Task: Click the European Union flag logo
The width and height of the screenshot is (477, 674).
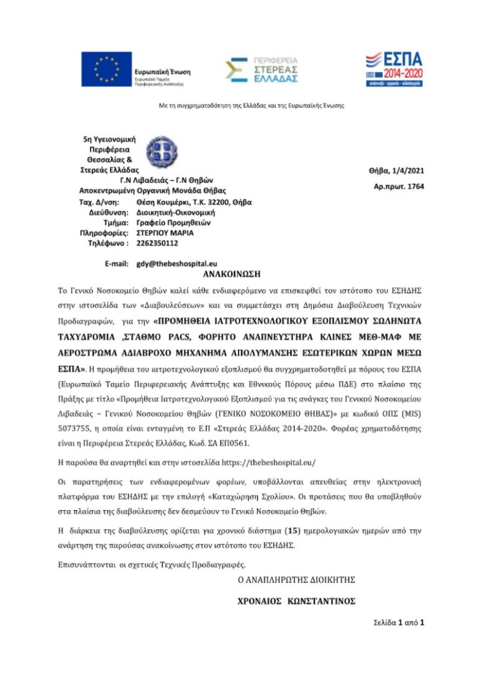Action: coord(106,69)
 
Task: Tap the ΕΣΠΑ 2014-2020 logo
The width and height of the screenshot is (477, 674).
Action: coord(393,69)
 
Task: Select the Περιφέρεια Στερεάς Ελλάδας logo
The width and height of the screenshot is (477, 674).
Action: coord(261,70)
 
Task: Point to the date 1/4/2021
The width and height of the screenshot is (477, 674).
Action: coord(407,171)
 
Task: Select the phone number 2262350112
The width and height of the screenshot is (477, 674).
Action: coord(157,243)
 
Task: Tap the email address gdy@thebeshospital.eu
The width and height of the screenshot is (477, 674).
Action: coord(177,264)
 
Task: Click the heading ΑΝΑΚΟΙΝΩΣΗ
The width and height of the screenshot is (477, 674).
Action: coord(232,274)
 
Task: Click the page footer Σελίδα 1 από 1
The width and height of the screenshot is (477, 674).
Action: coord(398,621)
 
